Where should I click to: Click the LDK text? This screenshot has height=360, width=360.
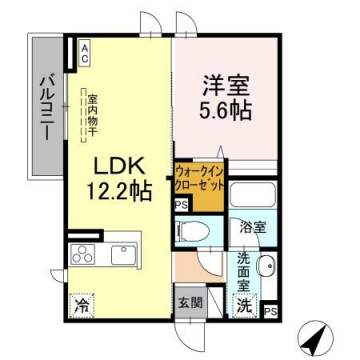[116, 165]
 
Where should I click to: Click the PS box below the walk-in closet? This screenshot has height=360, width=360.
[181, 207]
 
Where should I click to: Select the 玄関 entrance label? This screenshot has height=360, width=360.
[190, 301]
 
